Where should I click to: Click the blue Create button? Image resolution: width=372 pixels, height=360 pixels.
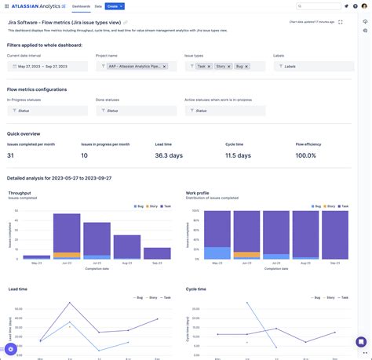click(x=115, y=5)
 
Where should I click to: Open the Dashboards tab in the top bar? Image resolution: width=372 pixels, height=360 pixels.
click(x=81, y=5)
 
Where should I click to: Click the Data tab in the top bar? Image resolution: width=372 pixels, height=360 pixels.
click(x=98, y=5)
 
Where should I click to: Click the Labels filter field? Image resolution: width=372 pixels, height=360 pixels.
click(x=314, y=67)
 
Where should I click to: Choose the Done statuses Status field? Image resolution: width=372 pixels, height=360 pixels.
click(x=129, y=111)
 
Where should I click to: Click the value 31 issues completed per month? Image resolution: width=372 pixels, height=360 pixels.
click(x=11, y=155)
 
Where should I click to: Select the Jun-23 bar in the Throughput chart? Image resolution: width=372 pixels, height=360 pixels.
click(x=67, y=235)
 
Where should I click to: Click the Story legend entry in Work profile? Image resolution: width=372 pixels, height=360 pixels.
click(x=326, y=206)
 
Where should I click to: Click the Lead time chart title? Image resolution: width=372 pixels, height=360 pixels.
click(x=20, y=289)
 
